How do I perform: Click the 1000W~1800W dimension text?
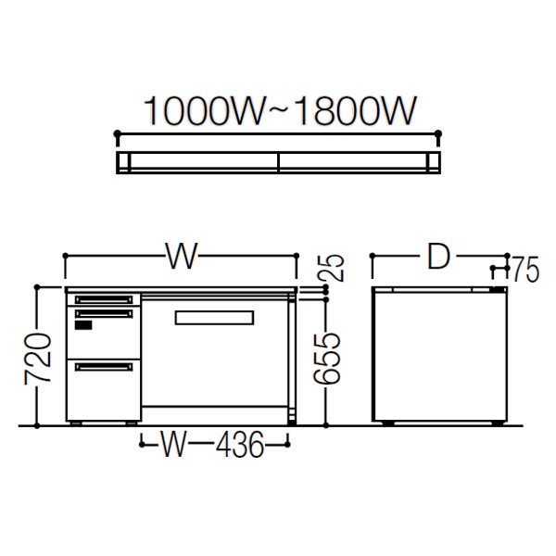pos(279,110)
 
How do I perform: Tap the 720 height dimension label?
pos(38,359)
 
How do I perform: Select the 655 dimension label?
pos(327,359)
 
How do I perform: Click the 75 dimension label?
pos(524,270)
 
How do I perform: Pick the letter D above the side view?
pos(438,256)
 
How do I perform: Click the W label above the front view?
pos(182,256)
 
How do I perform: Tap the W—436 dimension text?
pos(213,444)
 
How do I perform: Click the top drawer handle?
pos(104,300)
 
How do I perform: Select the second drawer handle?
pos(104,314)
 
